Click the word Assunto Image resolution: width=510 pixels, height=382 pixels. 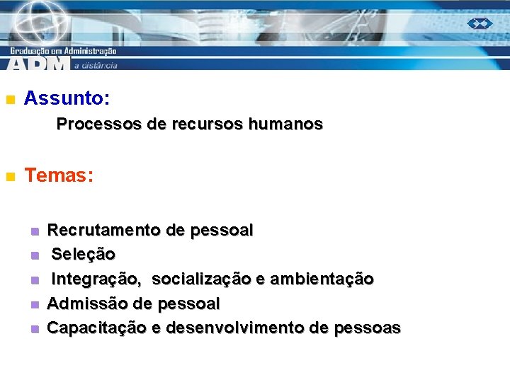64,98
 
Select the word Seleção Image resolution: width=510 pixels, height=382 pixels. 84,254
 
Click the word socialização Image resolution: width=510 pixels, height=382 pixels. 201,279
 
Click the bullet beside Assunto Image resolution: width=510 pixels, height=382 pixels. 9,100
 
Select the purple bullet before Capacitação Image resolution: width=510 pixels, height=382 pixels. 33,330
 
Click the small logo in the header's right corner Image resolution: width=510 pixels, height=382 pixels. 480,23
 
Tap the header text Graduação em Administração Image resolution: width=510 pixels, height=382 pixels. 63,50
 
